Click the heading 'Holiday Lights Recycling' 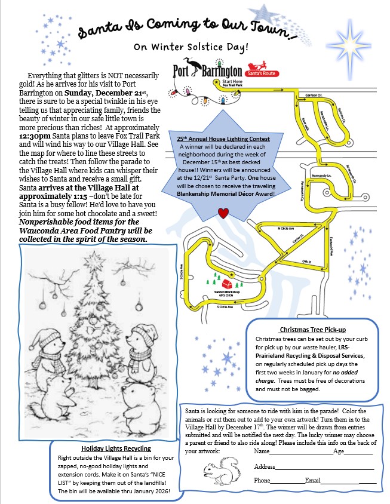(x=116, y=448)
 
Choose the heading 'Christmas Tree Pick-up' (x=312, y=330)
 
